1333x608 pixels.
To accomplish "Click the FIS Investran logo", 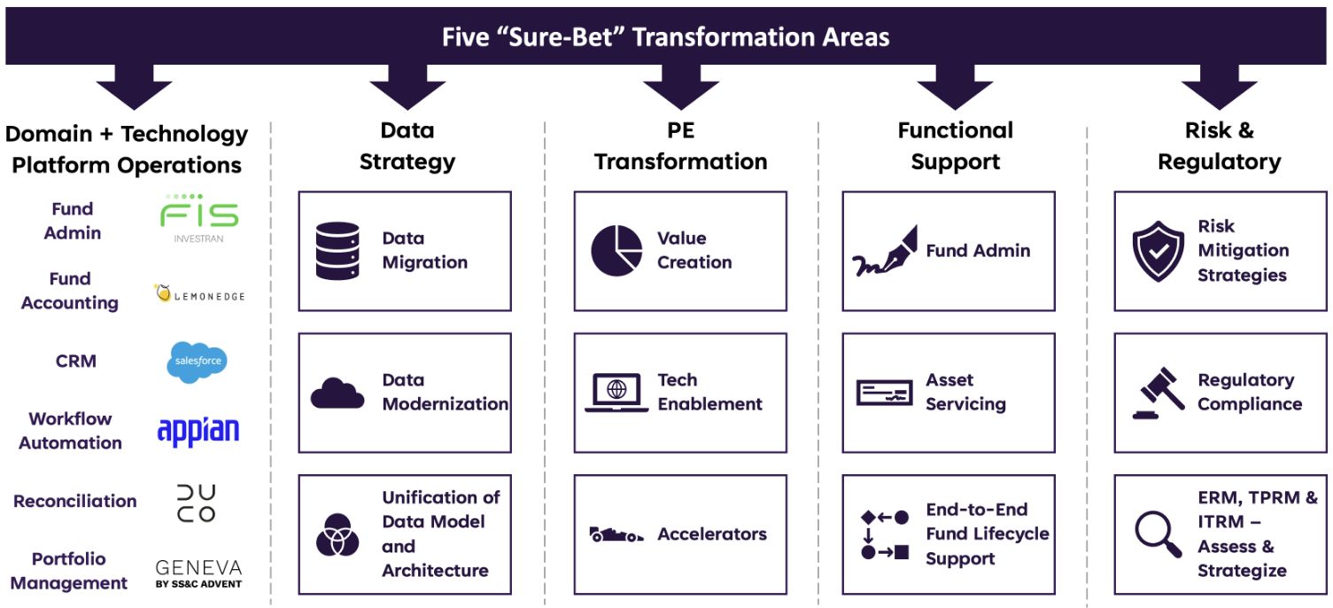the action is coord(198,219).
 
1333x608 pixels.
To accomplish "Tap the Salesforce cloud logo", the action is coord(197,362).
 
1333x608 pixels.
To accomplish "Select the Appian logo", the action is coord(198,431).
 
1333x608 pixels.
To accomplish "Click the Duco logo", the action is coord(197,503).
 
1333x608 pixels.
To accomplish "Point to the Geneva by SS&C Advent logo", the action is coord(198,573).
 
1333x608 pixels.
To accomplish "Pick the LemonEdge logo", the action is coord(199,293).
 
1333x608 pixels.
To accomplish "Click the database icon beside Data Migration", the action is coord(337,251).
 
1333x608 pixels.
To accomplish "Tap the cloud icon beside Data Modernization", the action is coord(337,393).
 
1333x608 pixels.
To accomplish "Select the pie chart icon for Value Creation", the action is coord(616,251).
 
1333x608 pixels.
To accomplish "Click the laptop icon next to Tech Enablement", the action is coord(616,393).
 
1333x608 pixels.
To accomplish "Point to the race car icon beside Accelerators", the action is coord(616,534).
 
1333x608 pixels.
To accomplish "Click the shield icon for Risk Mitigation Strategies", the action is coord(1158,251).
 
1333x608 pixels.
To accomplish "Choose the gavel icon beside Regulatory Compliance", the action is coord(1158,393).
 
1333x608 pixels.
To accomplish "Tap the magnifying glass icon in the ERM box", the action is coord(1158,534).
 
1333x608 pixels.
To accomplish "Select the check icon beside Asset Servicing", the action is coord(884,393).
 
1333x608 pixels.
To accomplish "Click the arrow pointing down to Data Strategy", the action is coord(407,87).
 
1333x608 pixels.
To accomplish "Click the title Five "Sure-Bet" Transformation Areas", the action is coord(665,37).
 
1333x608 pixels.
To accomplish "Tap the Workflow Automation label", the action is coord(70,431).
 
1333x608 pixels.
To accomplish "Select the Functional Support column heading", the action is coord(955,146).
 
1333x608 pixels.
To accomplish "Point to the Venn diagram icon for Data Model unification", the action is coord(337,534).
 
